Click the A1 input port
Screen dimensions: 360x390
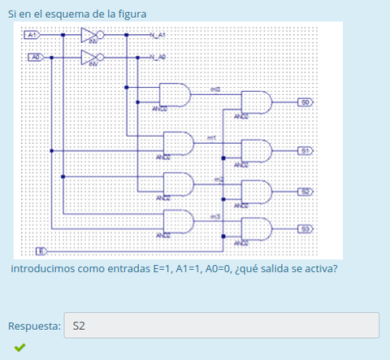(32, 36)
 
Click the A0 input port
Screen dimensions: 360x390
(36, 57)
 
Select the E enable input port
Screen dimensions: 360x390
(41, 249)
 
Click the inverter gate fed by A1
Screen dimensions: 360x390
(91, 36)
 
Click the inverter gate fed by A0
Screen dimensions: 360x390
(91, 57)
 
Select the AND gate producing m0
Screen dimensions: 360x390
(175, 95)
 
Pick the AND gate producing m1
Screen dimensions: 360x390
(179, 144)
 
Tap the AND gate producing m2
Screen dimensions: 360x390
(179, 184)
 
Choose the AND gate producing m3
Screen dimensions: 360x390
(179, 222)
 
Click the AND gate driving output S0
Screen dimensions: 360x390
(257, 102)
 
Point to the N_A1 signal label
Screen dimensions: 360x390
(158, 36)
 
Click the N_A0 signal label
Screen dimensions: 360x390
(158, 57)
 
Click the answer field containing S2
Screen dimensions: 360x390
(221, 326)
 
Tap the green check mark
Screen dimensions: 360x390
(19, 348)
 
